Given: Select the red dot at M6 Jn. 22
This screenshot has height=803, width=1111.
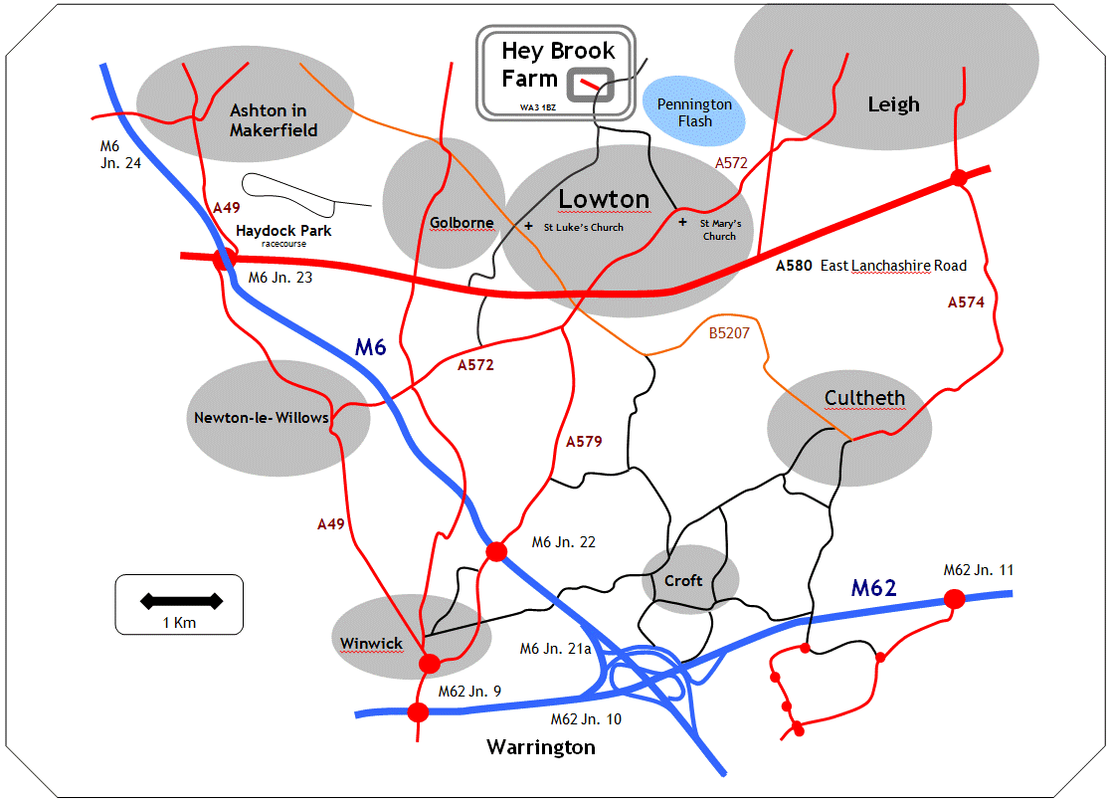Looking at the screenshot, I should point(496,551).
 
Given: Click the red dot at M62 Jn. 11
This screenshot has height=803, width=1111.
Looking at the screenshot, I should point(954,598).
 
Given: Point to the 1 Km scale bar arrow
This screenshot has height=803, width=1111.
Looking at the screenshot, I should point(180,601).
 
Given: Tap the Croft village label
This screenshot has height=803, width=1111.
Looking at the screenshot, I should point(683,580).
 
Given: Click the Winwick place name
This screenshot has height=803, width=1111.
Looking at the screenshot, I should point(372,643).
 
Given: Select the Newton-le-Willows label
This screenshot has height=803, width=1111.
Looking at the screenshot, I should point(261,417).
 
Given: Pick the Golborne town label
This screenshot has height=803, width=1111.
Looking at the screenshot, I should point(462,222).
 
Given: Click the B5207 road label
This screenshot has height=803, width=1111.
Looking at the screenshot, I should point(729,333).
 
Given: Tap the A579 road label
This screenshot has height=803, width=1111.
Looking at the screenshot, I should point(584,441).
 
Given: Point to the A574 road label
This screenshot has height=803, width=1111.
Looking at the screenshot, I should point(966,302).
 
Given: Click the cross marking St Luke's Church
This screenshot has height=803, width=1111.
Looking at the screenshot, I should point(528,226).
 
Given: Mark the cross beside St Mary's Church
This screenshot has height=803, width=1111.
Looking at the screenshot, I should point(682,222).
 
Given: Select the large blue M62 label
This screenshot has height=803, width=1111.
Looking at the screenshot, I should point(874,588).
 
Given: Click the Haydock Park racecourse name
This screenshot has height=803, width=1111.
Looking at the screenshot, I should point(283,231).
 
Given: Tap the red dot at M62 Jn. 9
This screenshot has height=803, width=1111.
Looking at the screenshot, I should point(418,711).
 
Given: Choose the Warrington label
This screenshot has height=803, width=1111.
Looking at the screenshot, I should point(541,746).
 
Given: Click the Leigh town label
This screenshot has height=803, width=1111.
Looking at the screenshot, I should point(893,104).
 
